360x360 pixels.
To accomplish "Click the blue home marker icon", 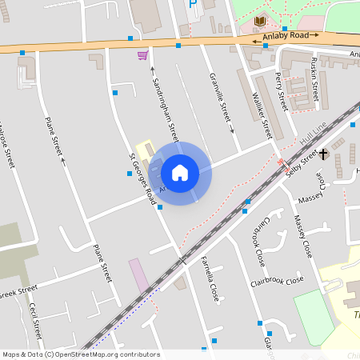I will [x=180, y=173].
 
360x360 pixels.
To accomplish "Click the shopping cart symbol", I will [x=142, y=55].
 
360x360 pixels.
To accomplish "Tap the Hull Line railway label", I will [x=314, y=134].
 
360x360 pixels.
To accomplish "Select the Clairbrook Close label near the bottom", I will [x=277, y=281].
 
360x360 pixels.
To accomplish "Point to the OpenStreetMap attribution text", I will [x=80, y=354].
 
